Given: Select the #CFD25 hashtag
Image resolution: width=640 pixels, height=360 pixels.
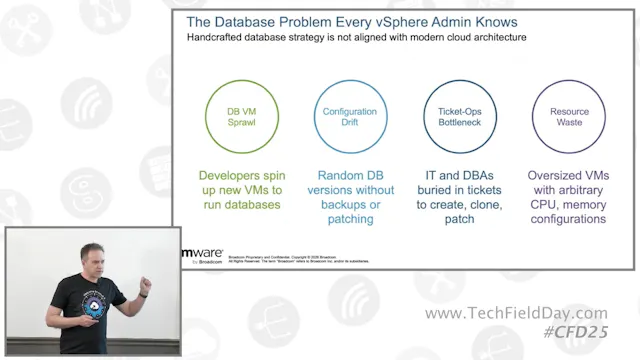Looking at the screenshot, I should pos(574,331).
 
